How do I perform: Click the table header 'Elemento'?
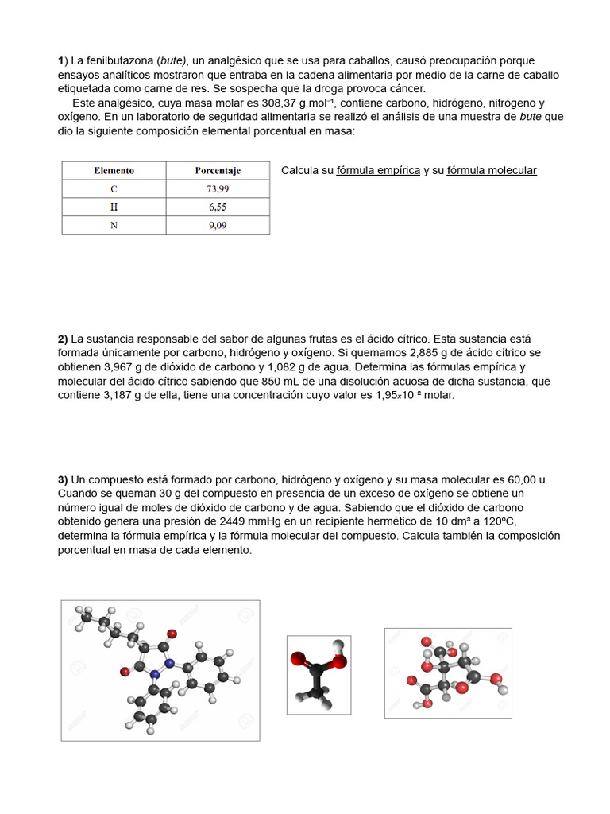coord(114,170)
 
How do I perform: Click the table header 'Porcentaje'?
coord(218,170)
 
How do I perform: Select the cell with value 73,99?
coord(218,188)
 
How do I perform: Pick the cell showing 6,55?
coord(218,207)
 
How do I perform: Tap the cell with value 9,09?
coord(218,225)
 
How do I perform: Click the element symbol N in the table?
coord(114,225)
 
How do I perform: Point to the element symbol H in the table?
coord(114,207)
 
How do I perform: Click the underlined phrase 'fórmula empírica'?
coord(378,170)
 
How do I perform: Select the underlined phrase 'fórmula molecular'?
coord(492,170)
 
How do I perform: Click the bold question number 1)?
coord(63,60)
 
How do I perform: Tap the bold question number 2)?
coord(63,339)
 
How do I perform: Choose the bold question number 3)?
coord(63,479)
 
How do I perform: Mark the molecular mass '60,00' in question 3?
coord(517,479)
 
